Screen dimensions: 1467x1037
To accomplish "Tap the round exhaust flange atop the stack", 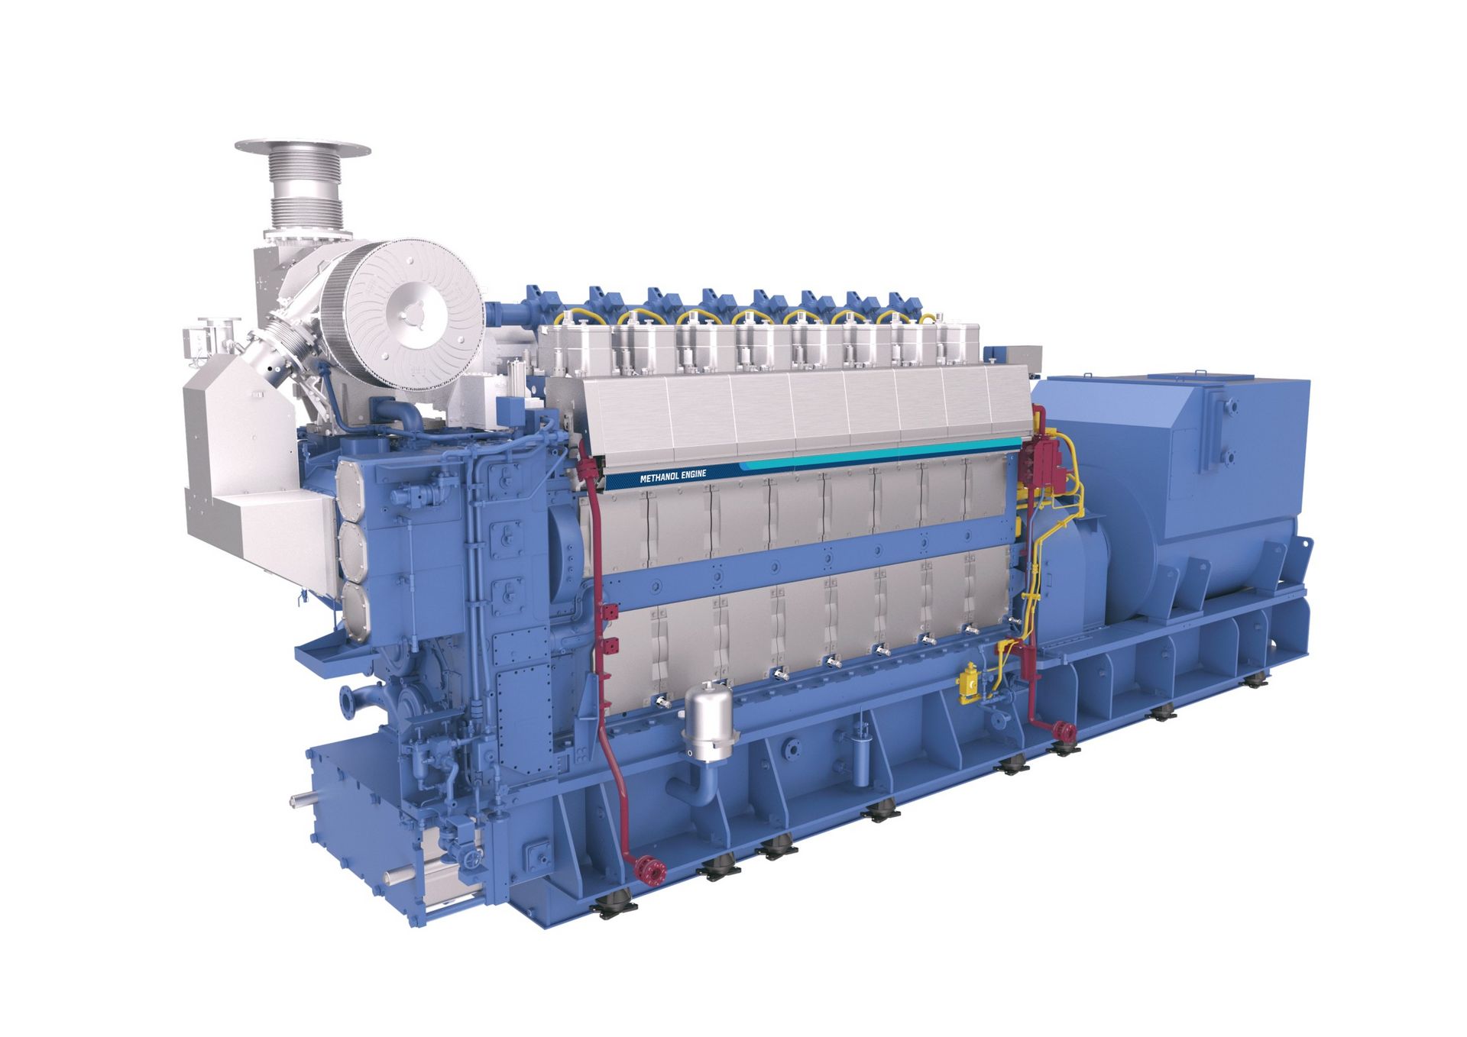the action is (303, 148).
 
